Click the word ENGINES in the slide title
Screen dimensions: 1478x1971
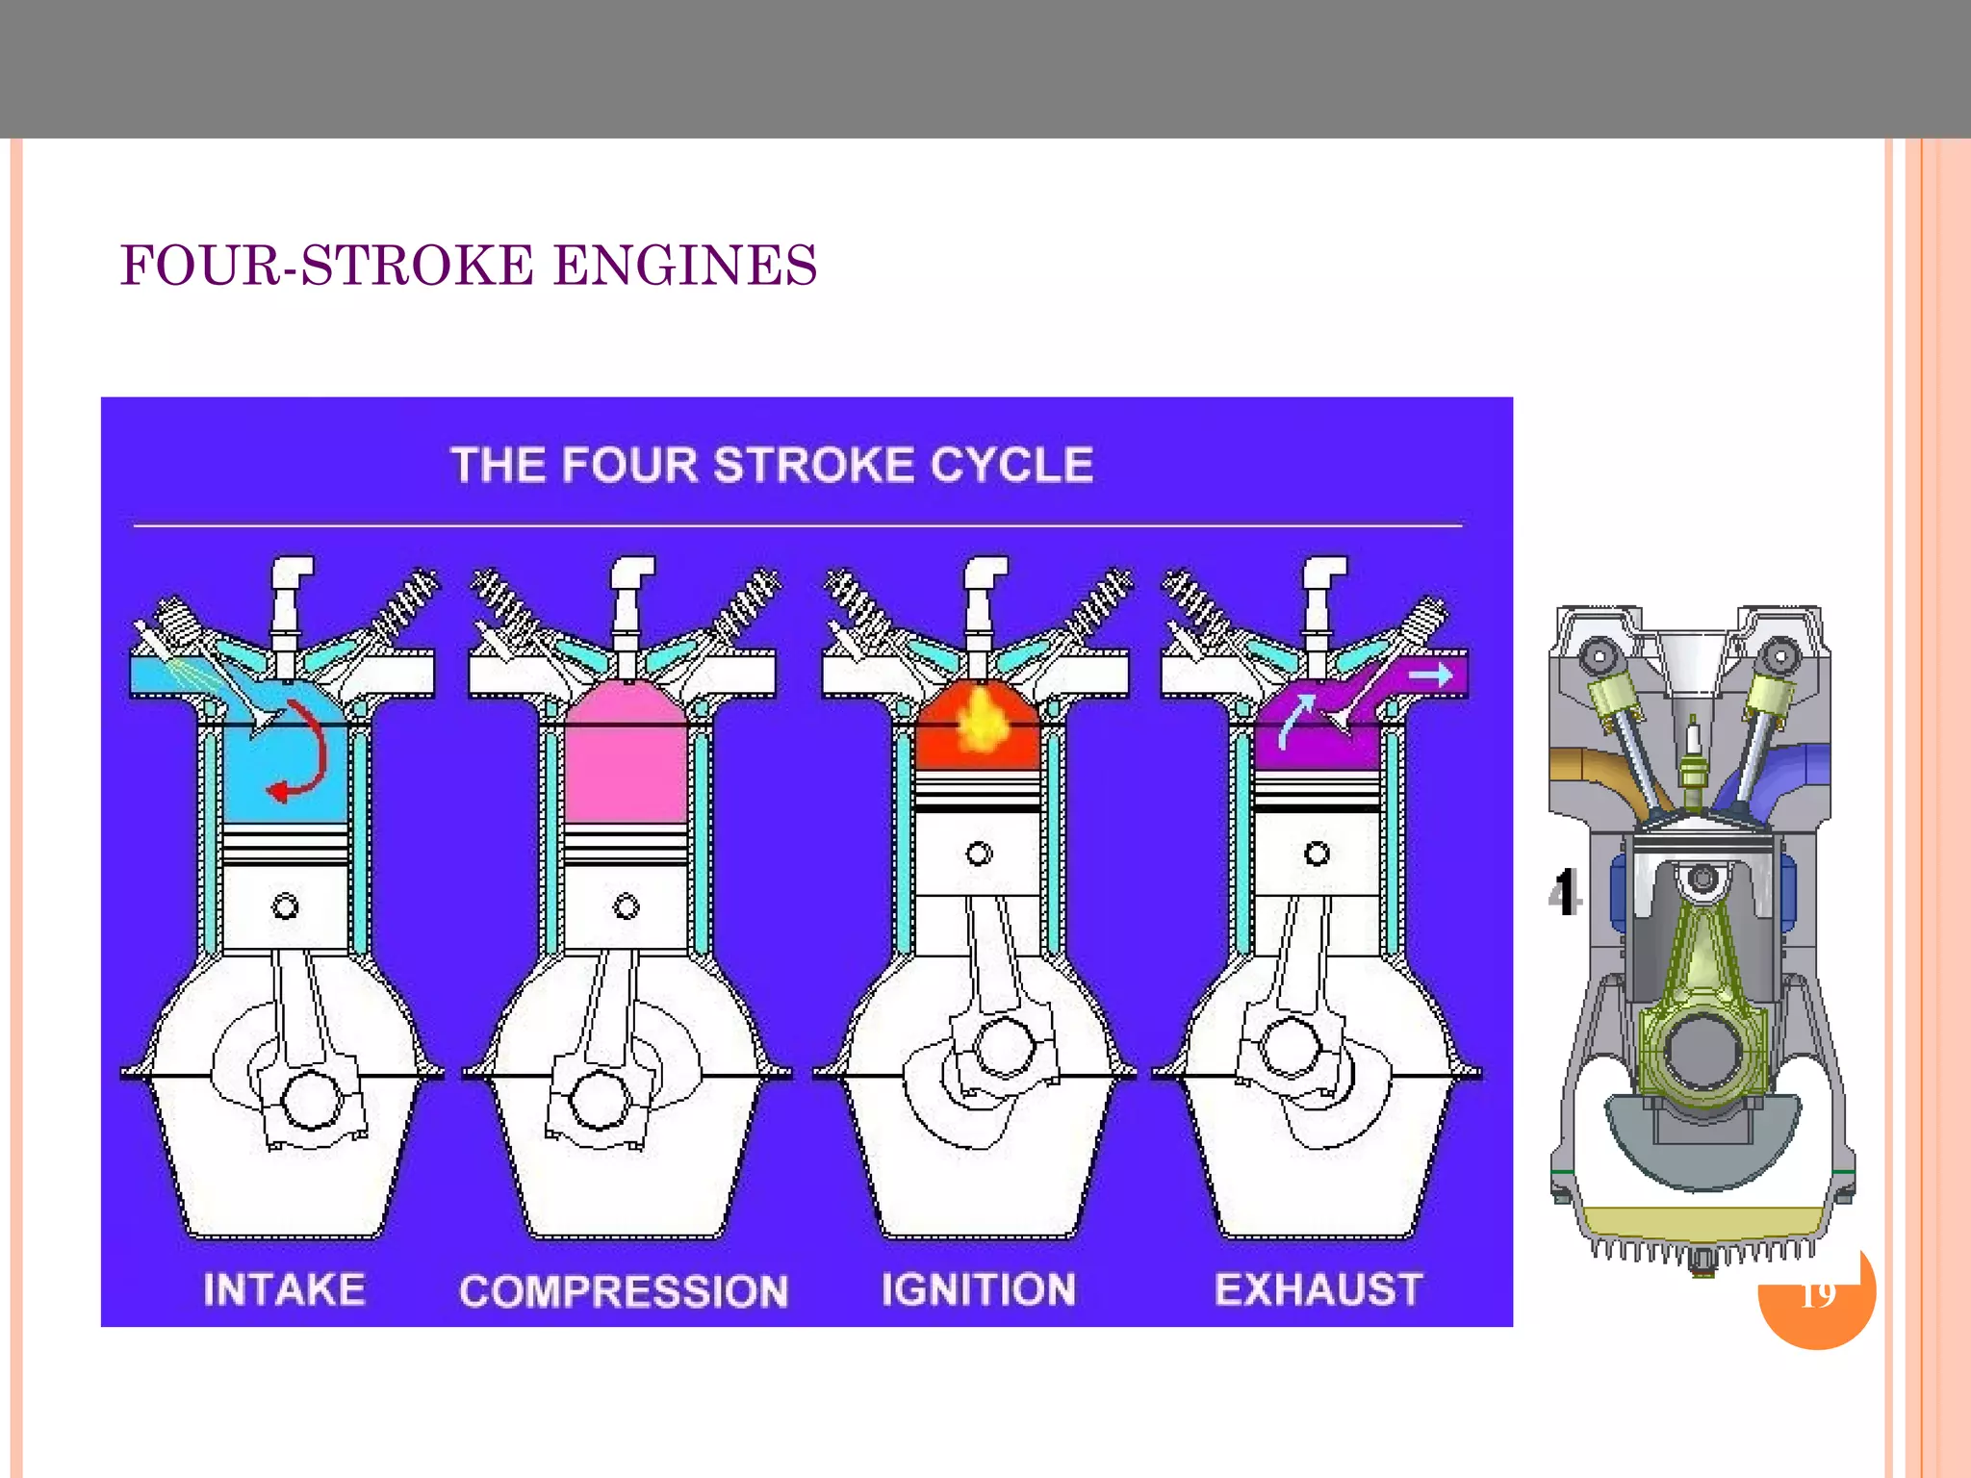point(685,267)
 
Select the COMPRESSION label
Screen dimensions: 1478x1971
point(624,1291)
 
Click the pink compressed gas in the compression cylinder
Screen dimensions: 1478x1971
point(626,760)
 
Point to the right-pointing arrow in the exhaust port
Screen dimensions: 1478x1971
point(1430,675)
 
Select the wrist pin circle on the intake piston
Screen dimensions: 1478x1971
point(285,906)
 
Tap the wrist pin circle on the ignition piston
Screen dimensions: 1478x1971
point(979,854)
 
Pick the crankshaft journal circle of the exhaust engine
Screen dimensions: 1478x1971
point(1290,1046)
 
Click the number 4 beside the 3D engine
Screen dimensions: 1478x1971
point(1565,892)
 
